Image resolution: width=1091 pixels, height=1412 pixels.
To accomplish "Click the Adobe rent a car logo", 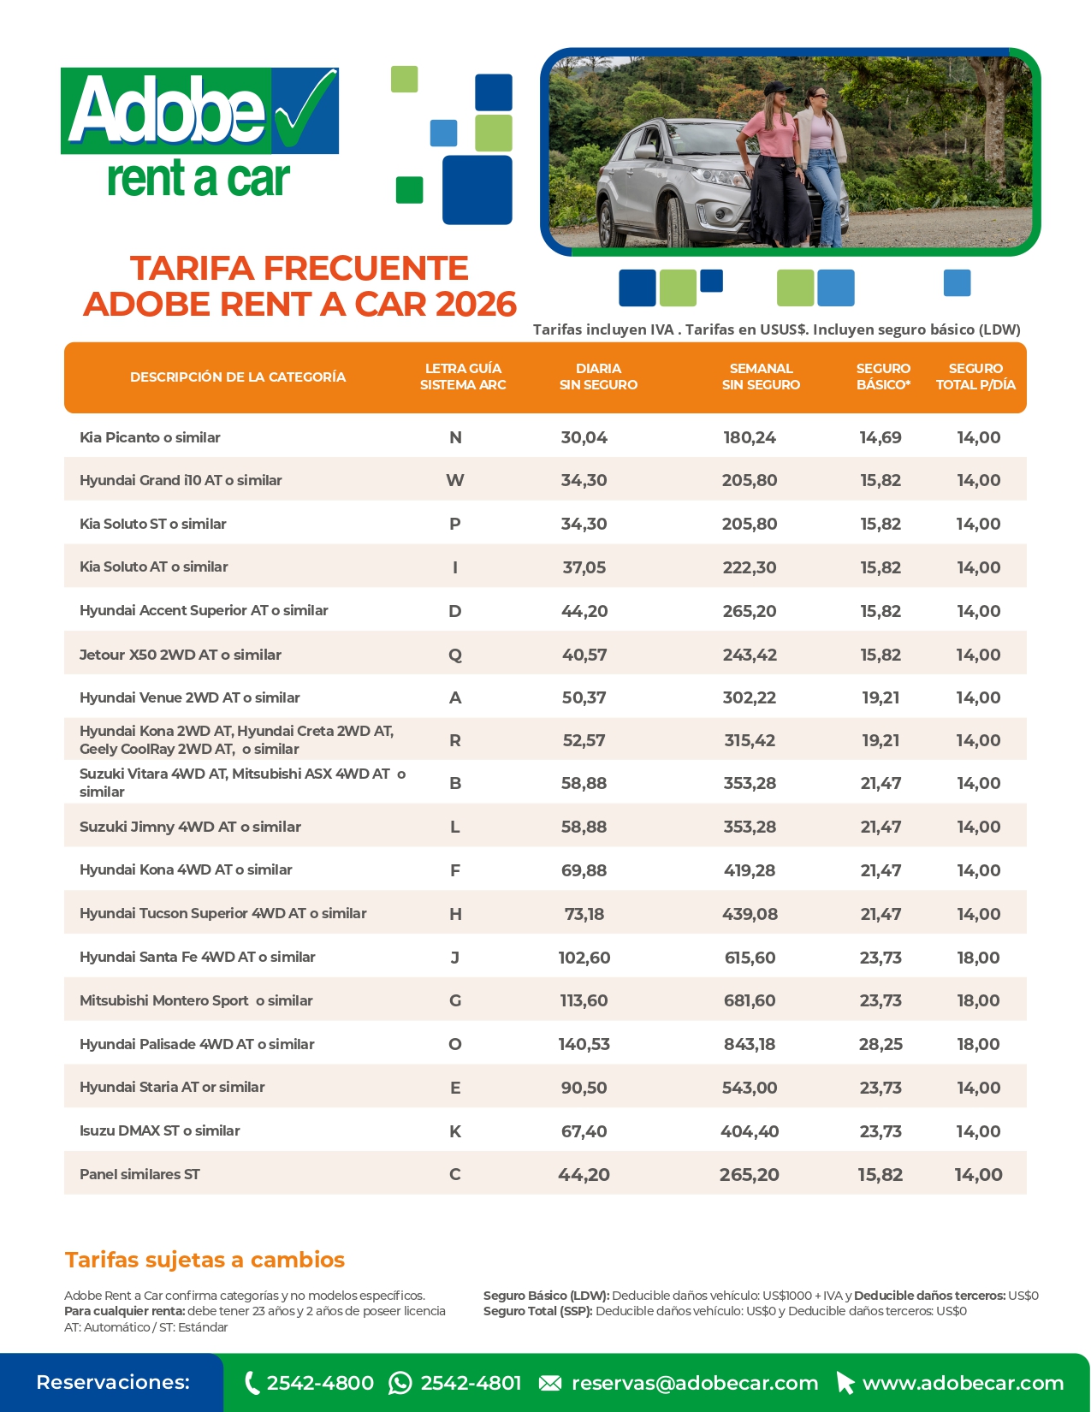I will click(200, 133).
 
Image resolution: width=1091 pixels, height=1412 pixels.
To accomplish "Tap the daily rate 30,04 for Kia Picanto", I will click(584, 437).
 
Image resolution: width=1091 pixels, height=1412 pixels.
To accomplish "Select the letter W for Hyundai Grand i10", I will click(455, 480).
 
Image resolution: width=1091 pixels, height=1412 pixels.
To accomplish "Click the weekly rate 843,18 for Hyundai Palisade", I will click(750, 1044).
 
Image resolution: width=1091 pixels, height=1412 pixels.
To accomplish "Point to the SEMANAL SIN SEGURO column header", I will click(761, 377).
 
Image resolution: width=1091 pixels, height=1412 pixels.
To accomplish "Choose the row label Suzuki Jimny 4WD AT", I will click(190, 827).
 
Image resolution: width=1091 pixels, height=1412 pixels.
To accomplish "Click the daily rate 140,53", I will click(584, 1044).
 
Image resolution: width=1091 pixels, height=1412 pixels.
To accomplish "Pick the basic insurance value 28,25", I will click(881, 1044).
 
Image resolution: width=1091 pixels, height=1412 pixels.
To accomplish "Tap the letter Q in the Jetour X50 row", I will click(455, 655).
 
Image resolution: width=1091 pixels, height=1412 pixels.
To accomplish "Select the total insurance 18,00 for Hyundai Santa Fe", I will click(978, 958).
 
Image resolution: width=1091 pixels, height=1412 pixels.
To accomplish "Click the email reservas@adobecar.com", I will click(694, 1383).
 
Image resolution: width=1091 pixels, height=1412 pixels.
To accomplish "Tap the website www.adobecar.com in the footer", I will click(963, 1383).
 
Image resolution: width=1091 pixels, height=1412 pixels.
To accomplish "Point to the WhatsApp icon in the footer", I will click(400, 1383).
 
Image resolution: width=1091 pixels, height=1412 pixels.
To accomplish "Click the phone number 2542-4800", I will click(320, 1383).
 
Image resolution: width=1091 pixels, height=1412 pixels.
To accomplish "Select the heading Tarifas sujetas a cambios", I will click(205, 1260).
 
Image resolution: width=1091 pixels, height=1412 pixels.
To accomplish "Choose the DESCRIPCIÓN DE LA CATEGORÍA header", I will click(238, 377).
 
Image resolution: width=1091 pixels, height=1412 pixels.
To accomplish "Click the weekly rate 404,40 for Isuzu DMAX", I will click(750, 1131).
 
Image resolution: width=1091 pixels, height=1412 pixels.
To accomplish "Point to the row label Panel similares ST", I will click(139, 1174).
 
